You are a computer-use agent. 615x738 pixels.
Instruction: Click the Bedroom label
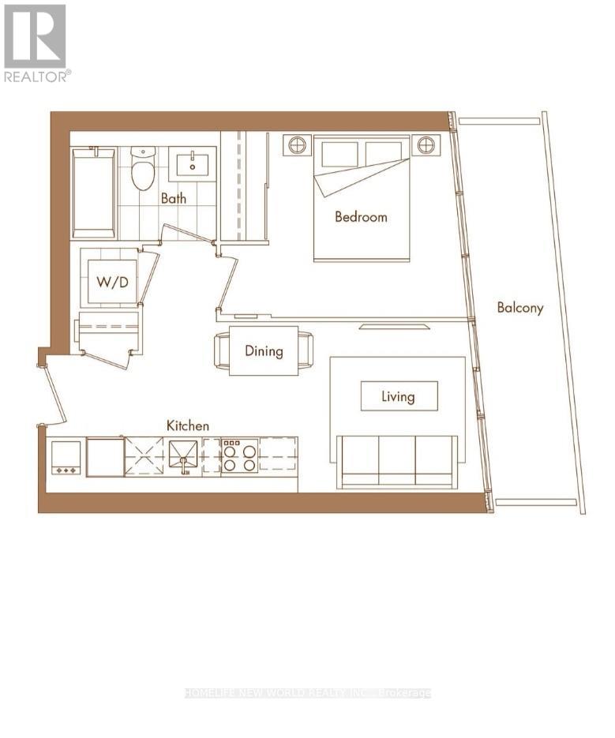click(x=361, y=217)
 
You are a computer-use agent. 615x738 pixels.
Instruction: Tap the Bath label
click(x=174, y=198)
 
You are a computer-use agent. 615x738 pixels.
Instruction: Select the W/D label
click(x=112, y=282)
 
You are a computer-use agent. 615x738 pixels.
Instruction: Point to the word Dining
click(x=264, y=351)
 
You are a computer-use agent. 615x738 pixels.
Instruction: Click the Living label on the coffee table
click(x=398, y=396)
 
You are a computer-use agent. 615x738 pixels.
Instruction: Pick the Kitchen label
click(x=187, y=425)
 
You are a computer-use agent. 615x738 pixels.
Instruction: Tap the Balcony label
click(x=520, y=308)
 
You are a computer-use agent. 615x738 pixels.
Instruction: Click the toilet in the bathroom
click(x=143, y=168)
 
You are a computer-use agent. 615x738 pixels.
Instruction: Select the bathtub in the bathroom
click(x=94, y=193)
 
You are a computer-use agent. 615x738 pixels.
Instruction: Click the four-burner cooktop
click(x=240, y=455)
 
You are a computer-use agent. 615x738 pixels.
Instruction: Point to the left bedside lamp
click(x=297, y=144)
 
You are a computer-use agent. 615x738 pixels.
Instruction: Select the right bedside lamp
click(x=426, y=144)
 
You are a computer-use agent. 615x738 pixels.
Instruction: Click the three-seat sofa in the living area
click(x=397, y=460)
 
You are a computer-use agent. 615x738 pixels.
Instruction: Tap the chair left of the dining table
click(x=222, y=350)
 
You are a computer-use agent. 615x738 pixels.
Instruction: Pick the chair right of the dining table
click(x=306, y=350)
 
